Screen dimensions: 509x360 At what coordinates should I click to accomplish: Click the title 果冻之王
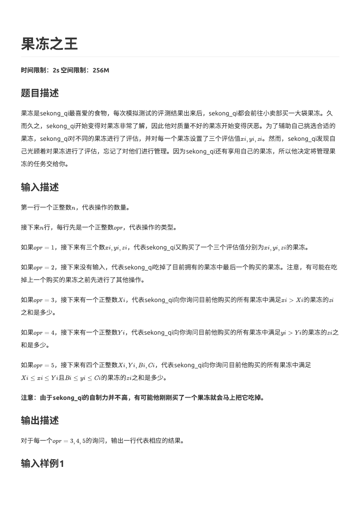click(49, 44)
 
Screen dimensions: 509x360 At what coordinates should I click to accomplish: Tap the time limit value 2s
click(56, 70)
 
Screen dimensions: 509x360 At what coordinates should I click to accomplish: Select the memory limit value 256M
click(101, 70)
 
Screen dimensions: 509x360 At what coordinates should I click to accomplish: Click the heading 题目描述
click(40, 93)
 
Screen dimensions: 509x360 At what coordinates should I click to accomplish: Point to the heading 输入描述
click(40, 187)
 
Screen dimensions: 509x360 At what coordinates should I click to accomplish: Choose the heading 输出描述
click(40, 420)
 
